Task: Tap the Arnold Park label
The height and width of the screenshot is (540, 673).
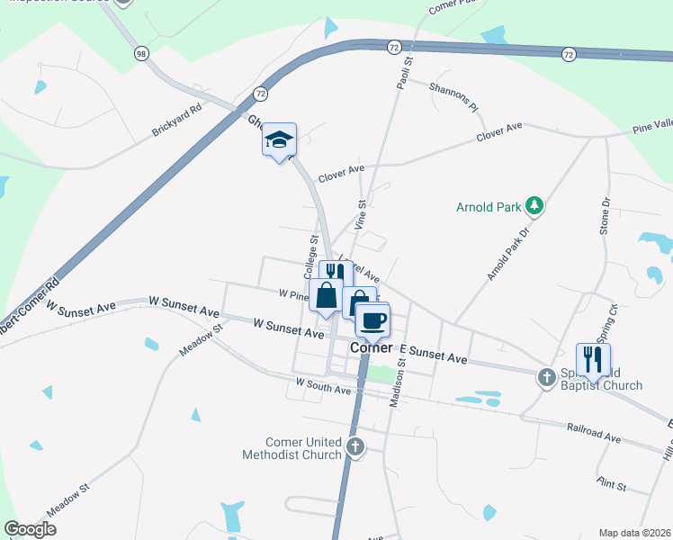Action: click(x=489, y=207)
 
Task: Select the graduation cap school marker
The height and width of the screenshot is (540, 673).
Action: click(x=279, y=140)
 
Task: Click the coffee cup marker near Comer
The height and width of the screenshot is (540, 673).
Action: click(x=372, y=319)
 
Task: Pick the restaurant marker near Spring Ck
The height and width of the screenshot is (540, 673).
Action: click(x=593, y=360)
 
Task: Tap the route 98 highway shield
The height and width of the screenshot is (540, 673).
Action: click(x=139, y=54)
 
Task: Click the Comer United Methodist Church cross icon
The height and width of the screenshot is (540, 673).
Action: click(x=355, y=446)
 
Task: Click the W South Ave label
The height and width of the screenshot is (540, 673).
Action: click(x=323, y=386)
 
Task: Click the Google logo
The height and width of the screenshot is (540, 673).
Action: click(x=31, y=529)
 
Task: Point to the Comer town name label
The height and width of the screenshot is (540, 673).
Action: click(x=371, y=347)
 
